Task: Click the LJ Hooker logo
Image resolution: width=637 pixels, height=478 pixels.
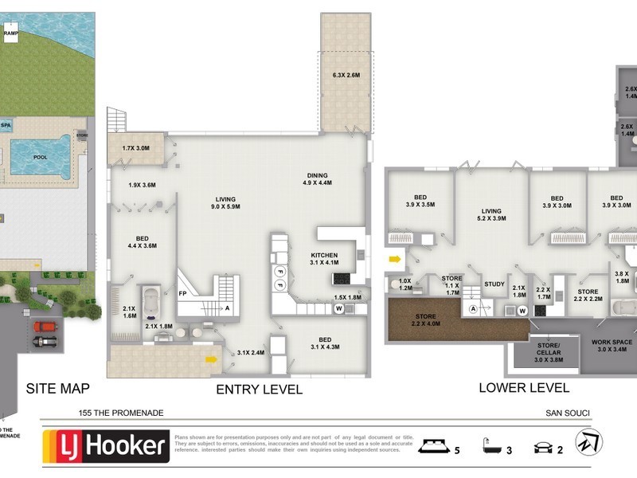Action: coord(107,446)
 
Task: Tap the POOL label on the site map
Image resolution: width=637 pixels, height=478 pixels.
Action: coord(40,157)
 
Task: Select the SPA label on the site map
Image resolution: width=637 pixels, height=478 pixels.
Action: coord(6,125)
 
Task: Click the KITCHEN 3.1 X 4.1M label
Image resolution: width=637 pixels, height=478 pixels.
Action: coord(325,258)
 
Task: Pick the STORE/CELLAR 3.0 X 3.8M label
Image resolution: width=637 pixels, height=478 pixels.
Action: coord(537,351)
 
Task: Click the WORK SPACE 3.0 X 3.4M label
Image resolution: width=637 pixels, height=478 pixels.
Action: coord(612,344)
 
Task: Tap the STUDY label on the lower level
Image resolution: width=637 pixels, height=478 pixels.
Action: coord(494,284)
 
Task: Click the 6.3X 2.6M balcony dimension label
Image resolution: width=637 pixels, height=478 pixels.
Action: coord(346,76)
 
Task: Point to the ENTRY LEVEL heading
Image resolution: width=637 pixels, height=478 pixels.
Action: coord(260,390)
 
